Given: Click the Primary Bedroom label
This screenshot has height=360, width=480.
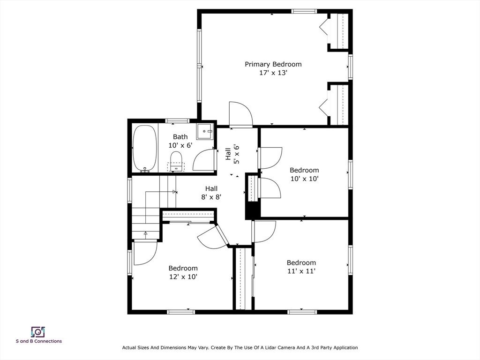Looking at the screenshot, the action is (x=273, y=64).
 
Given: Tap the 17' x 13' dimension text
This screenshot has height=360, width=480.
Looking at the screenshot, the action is (x=273, y=73).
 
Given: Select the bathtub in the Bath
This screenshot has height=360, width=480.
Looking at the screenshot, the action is (x=145, y=149).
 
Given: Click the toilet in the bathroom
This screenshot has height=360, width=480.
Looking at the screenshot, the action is (x=176, y=161).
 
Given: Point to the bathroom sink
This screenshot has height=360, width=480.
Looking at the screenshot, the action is (x=204, y=132).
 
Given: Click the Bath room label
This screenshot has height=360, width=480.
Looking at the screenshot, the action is (x=180, y=137).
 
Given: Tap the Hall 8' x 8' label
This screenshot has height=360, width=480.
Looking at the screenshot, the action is (x=211, y=193).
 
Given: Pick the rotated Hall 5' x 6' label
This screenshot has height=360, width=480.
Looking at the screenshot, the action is (x=232, y=154).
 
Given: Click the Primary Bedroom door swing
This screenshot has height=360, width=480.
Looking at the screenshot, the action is (x=241, y=114).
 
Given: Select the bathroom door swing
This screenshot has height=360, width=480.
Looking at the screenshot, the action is (x=204, y=159).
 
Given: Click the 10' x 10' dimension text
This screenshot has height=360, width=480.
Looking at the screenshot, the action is (x=304, y=179).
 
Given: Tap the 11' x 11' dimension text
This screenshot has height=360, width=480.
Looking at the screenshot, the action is (x=301, y=271).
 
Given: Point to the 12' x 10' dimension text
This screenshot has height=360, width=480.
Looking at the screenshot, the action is (x=183, y=277).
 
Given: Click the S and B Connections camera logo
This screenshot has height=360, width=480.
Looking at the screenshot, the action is (x=38, y=332).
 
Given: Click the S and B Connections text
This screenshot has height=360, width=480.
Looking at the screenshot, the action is (x=39, y=341).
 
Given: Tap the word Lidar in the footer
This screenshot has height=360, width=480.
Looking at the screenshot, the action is (x=283, y=348).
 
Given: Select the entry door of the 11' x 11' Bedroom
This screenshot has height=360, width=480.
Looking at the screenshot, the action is (x=264, y=232).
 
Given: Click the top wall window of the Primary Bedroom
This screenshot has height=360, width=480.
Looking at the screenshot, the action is (x=304, y=11).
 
